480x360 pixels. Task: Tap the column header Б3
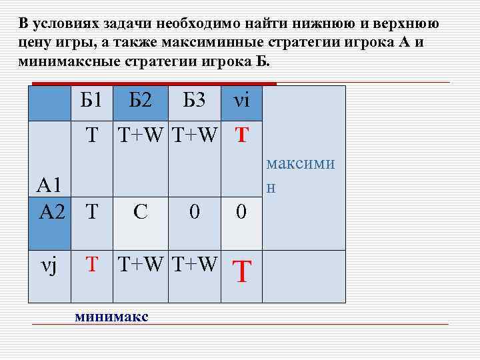(193, 101)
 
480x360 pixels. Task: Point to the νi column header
(241, 101)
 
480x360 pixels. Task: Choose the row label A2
(53, 212)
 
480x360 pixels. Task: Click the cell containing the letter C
(141, 212)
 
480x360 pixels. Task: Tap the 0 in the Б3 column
(193, 212)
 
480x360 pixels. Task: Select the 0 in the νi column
(242, 213)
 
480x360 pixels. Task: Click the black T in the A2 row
(91, 212)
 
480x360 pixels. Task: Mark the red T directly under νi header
(242, 136)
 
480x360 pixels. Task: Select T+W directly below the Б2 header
(141, 135)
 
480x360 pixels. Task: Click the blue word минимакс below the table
(111, 316)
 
